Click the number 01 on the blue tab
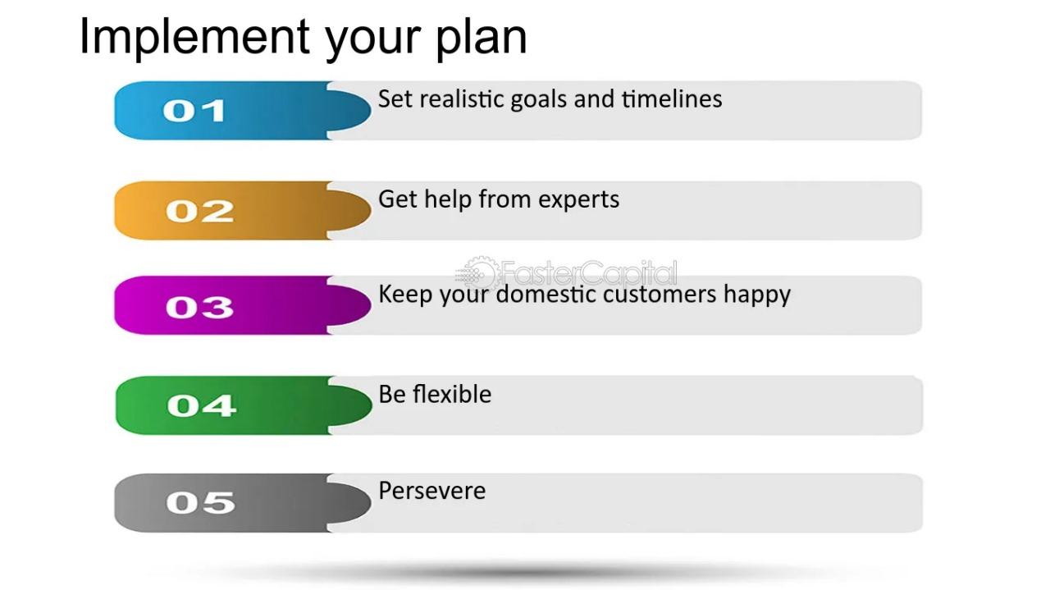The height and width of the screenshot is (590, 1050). point(194,111)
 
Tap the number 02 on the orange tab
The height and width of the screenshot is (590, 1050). point(199,211)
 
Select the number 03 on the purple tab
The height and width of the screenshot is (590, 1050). point(199,308)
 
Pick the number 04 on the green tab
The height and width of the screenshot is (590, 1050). point(201,405)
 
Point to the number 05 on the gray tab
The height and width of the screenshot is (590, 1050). point(200,503)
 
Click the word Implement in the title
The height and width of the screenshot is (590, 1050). point(194,38)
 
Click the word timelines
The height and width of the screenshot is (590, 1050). point(672,99)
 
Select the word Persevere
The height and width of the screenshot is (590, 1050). point(431,491)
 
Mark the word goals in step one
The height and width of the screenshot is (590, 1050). point(539,100)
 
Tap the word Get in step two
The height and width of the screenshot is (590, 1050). point(398,199)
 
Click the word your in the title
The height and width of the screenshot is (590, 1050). point(372,41)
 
